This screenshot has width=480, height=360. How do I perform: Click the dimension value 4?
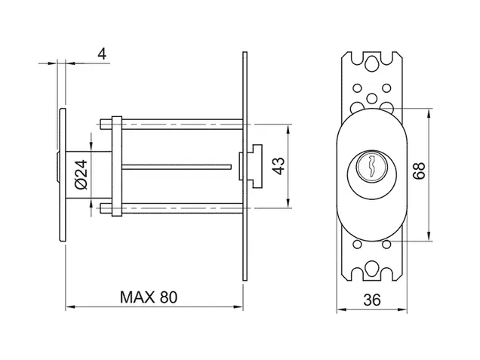click(x=102, y=54)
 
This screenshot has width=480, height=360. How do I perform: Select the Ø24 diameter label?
click(x=81, y=174)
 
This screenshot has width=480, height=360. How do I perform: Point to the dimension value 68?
click(x=419, y=171)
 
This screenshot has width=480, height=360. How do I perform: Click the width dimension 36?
click(x=372, y=300)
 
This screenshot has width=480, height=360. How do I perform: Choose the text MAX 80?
click(x=149, y=297)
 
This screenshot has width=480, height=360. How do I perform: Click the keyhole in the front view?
click(x=372, y=167)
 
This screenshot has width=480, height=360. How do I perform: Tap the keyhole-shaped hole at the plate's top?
click(x=371, y=63)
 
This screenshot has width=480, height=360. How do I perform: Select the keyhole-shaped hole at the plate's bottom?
click(x=371, y=269)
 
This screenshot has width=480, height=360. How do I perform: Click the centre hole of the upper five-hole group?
click(x=372, y=98)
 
